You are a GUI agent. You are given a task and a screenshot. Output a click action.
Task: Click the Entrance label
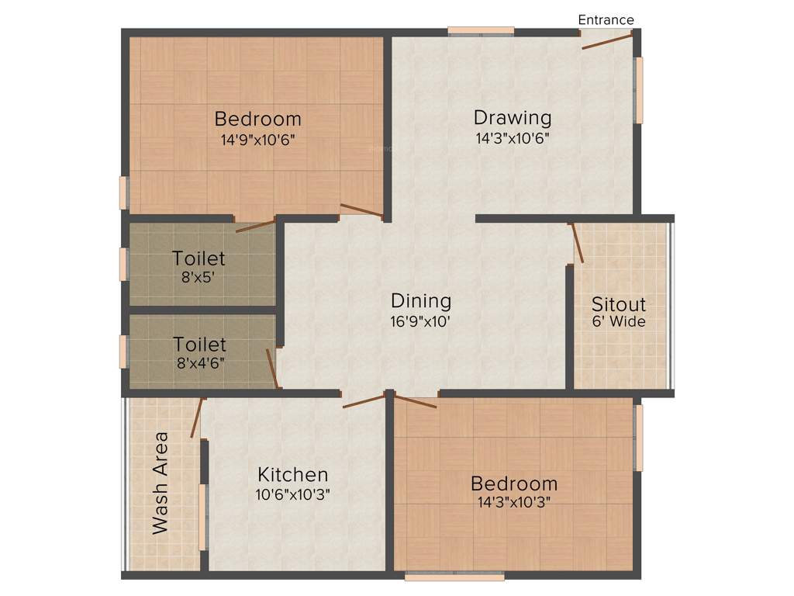coord(606,20)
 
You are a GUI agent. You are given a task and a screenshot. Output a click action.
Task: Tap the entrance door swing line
coord(608,40)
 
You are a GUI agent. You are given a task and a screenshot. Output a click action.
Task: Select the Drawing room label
coord(513,118)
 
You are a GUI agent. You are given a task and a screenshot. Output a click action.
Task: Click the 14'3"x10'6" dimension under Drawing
coord(513,140)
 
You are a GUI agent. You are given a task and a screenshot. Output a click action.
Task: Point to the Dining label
coord(421,300)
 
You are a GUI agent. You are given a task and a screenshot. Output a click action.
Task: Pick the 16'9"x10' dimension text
coord(421,321)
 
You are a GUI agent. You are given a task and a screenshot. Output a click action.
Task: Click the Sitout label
coord(619,303)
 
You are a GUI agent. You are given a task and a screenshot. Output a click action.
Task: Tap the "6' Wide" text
coord(619,321)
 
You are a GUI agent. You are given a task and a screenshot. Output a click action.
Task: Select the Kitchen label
coord(293,474)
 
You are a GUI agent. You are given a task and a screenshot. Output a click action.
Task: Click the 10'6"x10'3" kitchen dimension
coord(293,494)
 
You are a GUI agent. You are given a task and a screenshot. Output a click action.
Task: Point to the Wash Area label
coord(161,483)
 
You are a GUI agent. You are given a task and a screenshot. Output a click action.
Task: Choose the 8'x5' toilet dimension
coord(198,276)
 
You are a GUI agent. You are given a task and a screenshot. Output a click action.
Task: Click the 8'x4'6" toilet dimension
coord(199,362)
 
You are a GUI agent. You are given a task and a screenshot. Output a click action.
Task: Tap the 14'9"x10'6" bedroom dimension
coord(258,140)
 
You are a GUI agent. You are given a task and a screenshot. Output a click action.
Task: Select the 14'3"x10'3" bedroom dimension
coord(514,501)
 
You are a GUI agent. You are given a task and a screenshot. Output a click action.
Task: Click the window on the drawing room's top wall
coord(481,31)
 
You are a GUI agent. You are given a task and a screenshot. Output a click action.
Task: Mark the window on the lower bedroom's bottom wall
coord(454,577)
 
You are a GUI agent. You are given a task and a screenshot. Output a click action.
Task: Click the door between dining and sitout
coord(578,244)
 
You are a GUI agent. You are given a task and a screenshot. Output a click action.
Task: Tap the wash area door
coord(197,418)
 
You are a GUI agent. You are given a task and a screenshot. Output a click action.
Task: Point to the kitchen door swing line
coord(364,400)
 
